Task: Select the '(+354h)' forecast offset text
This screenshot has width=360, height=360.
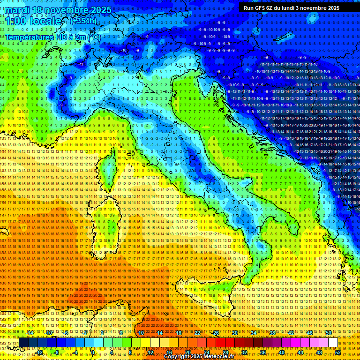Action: click(x=83, y=21)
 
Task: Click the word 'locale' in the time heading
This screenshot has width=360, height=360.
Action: click(x=46, y=22)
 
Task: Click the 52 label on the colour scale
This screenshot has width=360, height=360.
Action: click(x=338, y=352)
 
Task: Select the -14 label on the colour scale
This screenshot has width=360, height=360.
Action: click(x=30, y=333)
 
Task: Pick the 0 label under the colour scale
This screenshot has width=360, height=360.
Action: click(x=93, y=352)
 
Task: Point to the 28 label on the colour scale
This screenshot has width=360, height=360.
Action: click(x=225, y=352)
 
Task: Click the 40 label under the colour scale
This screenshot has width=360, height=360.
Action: click(x=282, y=352)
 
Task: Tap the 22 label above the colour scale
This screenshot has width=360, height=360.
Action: click(x=197, y=333)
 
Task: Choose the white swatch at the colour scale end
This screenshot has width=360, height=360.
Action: click(x=333, y=343)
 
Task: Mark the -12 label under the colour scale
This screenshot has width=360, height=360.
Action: click(x=39, y=352)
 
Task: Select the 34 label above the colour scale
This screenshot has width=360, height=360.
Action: click(x=254, y=333)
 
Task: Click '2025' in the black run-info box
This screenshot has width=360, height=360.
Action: click(x=334, y=8)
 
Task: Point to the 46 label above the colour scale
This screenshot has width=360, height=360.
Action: click(x=310, y=333)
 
